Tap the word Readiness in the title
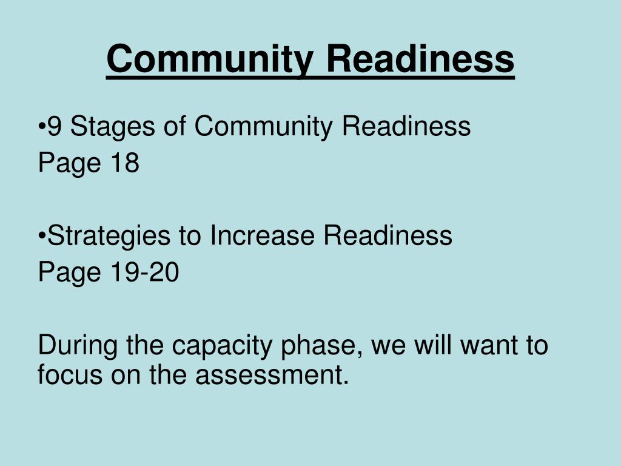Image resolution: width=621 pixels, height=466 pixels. [x=420, y=59]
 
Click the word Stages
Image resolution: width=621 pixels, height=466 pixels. [x=103, y=127]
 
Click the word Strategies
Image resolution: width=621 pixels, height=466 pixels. [x=108, y=235]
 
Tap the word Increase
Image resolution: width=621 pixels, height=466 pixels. [x=262, y=235]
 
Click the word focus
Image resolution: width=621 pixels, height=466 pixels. [x=70, y=374]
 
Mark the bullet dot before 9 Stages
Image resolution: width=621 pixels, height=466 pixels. [x=42, y=127]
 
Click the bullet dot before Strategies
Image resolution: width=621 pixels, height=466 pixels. [x=42, y=236]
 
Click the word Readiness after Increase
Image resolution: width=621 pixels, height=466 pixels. [x=388, y=235]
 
